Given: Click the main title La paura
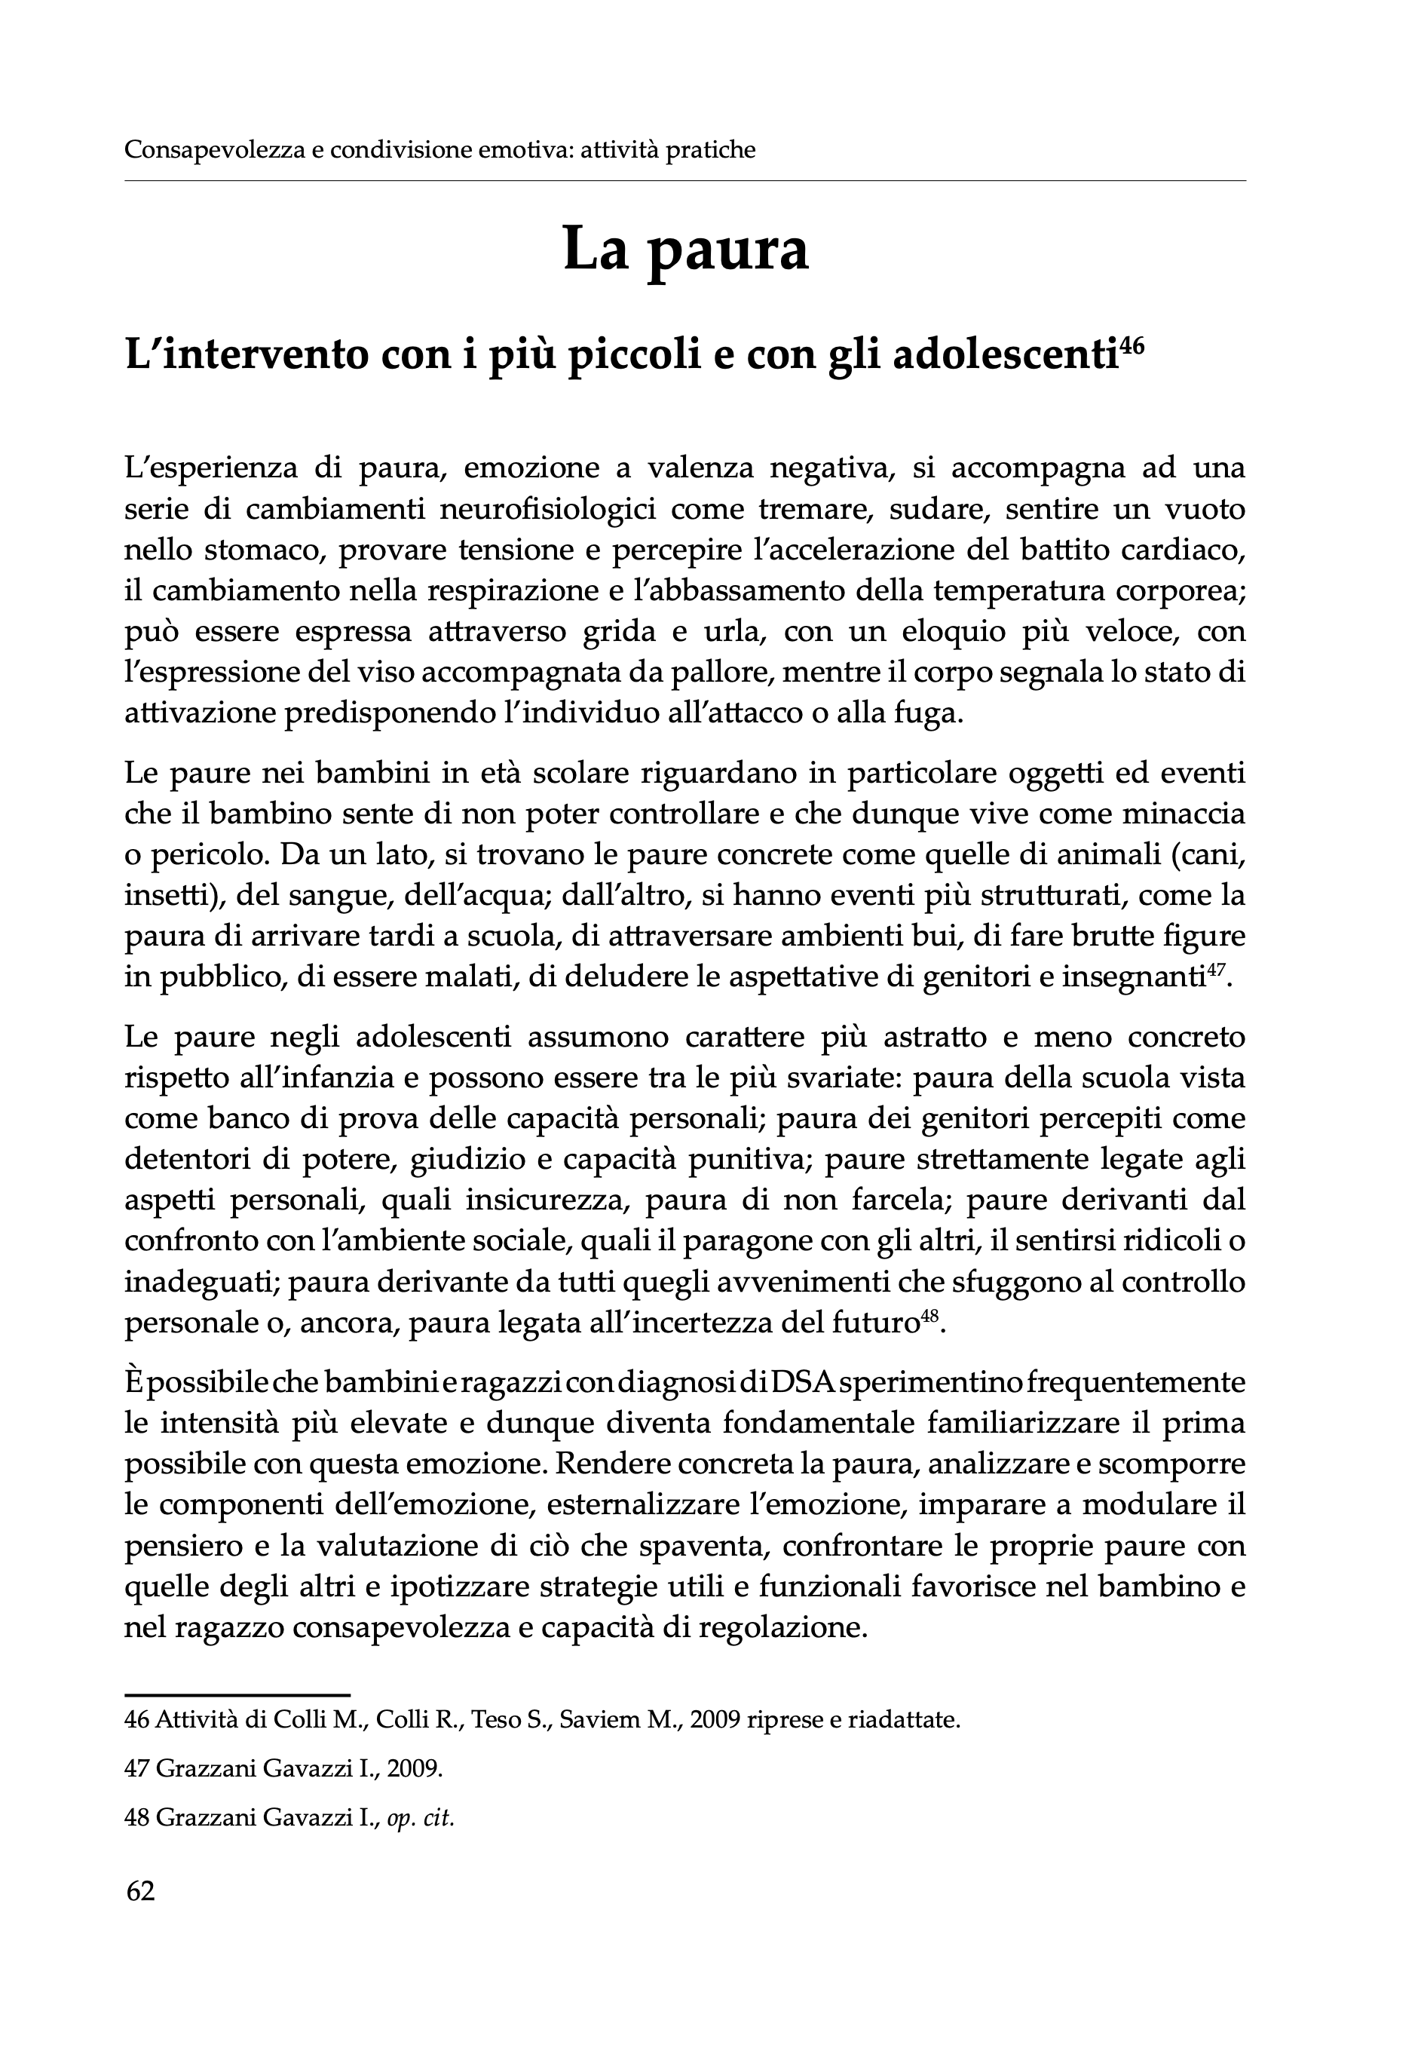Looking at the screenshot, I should point(684,250).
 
